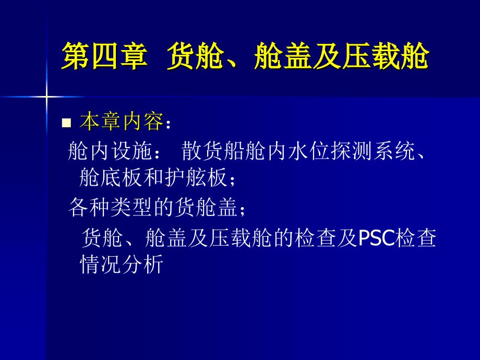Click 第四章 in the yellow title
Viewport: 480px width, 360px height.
(104, 56)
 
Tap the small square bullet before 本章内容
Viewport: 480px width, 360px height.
(66, 123)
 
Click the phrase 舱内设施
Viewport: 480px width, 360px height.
(110, 151)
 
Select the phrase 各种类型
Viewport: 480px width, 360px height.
(111, 207)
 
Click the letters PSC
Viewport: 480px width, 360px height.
(376, 237)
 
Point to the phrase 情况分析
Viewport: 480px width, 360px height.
(122, 264)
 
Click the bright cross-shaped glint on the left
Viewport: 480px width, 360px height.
(46, 97)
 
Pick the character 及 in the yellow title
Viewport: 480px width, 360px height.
(328, 56)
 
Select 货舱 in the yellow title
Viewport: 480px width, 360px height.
(195, 56)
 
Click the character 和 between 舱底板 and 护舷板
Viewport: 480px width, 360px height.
(154, 177)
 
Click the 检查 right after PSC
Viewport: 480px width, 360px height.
(415, 238)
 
